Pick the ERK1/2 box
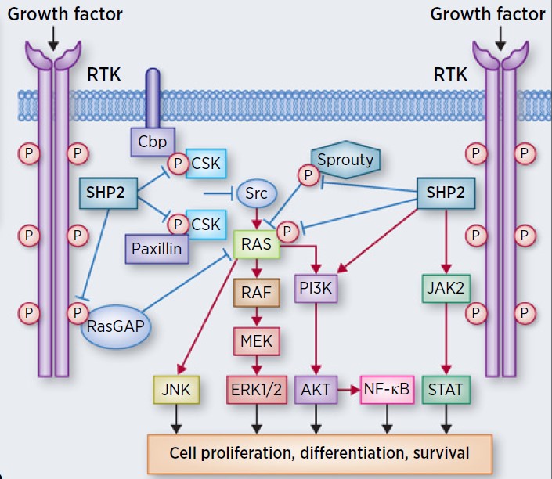257,390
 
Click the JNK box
178,390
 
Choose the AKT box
316,390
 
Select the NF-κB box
386,390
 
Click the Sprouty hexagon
345,160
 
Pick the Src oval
258,192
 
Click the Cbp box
153,142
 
